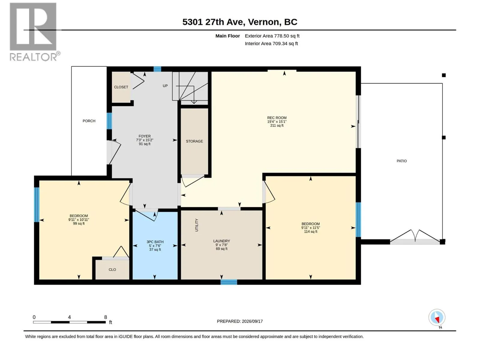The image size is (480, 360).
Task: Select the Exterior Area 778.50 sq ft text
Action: tap(272, 36)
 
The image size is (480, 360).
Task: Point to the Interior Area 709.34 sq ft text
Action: tap(271, 43)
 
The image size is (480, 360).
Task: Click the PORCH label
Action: tap(89, 121)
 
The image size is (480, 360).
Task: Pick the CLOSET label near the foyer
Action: tap(121, 87)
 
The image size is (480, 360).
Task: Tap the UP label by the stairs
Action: tap(165, 86)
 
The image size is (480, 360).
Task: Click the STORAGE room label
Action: tap(194, 141)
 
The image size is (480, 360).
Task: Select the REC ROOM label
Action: tap(277, 118)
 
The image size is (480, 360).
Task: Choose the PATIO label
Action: tap(402, 161)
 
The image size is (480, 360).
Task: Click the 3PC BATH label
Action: tap(155, 242)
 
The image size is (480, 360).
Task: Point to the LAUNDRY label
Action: tap(221, 241)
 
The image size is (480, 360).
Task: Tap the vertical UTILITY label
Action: tap(196, 225)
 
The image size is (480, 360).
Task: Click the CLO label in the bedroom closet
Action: tap(112, 269)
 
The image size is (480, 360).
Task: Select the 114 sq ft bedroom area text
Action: tap(310, 232)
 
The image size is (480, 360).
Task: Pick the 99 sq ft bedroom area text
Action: tap(79, 223)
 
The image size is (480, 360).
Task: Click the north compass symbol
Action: tap(437, 317)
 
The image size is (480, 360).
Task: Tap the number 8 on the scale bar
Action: tap(106, 317)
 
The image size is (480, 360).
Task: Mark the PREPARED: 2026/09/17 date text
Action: tap(240, 321)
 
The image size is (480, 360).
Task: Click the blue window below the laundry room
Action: tap(229, 282)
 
